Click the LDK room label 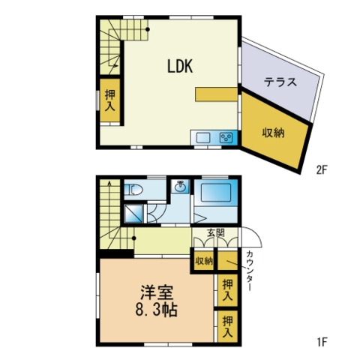180,66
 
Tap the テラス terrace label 280,82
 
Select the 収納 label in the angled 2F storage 273,133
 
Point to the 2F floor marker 322,170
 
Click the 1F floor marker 322,342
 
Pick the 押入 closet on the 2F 110,100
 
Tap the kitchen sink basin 203,138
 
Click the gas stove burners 226,138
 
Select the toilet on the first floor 133,190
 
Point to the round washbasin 180,187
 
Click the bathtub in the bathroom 216,192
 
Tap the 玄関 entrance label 215,233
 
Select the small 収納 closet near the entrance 204,261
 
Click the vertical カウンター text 249,271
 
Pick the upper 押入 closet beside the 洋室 227,290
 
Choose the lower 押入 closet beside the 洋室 227,326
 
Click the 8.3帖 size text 157,310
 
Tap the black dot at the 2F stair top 148,29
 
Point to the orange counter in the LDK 216,94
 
